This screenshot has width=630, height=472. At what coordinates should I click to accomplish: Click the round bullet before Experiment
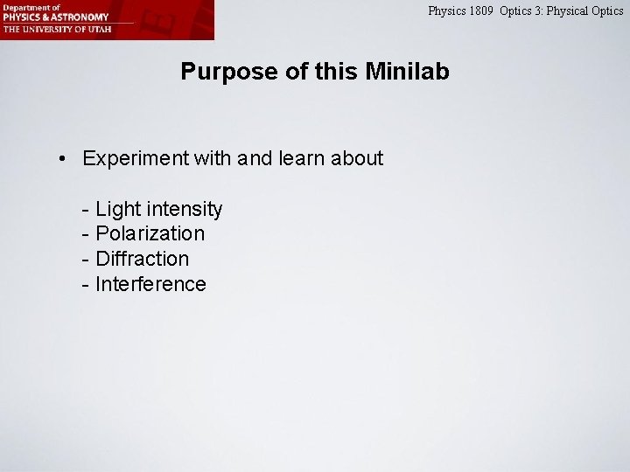tap(63, 159)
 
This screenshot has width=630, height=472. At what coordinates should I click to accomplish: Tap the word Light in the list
tap(116, 210)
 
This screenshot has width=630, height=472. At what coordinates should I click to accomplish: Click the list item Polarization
tap(150, 234)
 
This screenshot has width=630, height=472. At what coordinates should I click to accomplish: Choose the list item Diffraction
tap(142, 260)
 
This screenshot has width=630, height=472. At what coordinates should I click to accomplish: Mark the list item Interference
tap(150, 284)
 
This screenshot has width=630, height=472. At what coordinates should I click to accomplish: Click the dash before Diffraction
tap(85, 260)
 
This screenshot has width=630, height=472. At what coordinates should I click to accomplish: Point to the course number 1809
tap(481, 11)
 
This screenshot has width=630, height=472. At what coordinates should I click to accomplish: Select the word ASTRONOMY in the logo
tap(80, 17)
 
